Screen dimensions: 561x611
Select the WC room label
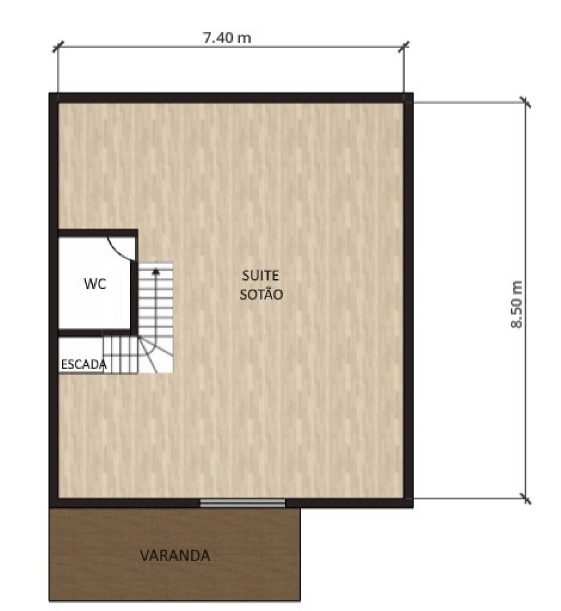(x=95, y=284)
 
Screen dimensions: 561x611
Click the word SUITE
(x=260, y=276)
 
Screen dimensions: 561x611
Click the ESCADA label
(x=84, y=365)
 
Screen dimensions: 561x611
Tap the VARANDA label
(x=175, y=555)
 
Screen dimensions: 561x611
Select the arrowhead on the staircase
(x=156, y=271)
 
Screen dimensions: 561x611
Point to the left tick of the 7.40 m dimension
(x=58, y=46)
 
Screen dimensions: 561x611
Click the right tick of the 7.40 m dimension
(x=404, y=47)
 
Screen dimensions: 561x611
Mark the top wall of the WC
(x=98, y=234)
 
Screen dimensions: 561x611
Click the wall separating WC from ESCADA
(x=95, y=333)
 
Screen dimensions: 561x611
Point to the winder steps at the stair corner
(x=156, y=355)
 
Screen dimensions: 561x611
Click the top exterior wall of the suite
(x=231, y=98)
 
